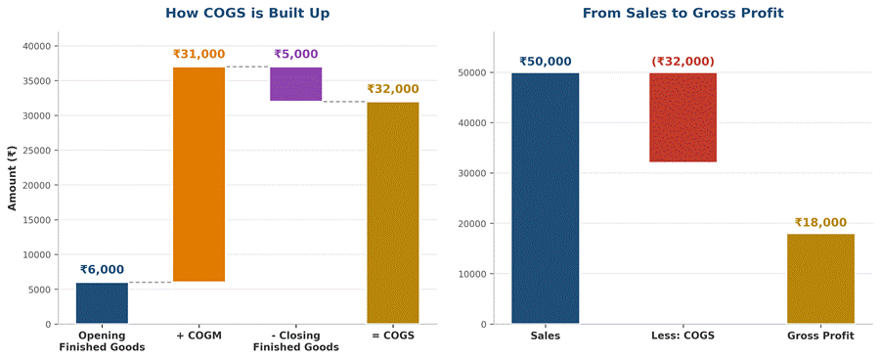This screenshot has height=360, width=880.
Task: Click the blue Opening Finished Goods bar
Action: (x=102, y=303)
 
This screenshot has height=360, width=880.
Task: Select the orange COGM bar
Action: (x=198, y=174)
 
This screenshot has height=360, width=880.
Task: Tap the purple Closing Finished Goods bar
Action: (x=295, y=84)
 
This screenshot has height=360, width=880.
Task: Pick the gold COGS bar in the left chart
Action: (x=393, y=213)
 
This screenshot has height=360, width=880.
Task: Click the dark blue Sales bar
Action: (x=545, y=199)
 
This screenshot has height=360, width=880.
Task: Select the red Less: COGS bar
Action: (x=683, y=117)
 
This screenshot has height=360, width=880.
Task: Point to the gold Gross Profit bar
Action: (x=820, y=279)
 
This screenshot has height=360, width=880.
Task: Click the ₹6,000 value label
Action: (x=102, y=270)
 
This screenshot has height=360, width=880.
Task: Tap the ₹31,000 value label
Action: (x=198, y=55)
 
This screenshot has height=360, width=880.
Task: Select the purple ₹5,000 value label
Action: (x=295, y=55)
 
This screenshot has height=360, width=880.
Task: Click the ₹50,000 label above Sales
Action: (x=545, y=62)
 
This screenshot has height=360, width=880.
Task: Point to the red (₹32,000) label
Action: (x=683, y=62)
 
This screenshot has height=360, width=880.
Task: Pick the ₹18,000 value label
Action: (x=820, y=223)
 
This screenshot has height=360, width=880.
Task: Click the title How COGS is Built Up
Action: (x=247, y=14)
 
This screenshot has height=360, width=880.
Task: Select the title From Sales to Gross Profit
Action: (x=683, y=14)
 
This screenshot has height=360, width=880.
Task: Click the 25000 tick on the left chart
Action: (x=38, y=151)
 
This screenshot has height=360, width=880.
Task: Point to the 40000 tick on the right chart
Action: (x=474, y=123)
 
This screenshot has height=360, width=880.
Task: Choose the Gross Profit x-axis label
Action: (x=820, y=337)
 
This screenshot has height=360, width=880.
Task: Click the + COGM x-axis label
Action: (x=198, y=337)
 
